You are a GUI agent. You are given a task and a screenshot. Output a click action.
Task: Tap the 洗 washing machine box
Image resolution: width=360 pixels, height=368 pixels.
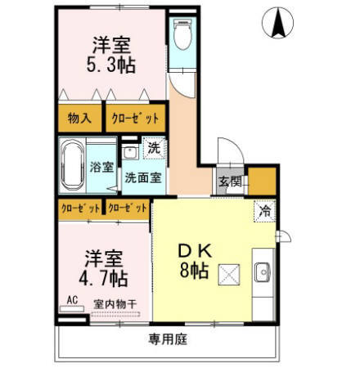tap(154, 149)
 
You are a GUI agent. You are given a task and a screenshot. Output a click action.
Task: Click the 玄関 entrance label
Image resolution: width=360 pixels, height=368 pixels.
tap(229, 182)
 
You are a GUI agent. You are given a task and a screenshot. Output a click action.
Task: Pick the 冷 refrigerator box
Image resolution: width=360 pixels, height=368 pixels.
tap(264, 210)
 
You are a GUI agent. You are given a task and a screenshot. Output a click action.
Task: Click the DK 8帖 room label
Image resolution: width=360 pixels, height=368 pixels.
tap(196, 259)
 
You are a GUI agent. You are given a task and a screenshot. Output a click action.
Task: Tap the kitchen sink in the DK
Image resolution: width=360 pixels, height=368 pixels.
tap(263, 272)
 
